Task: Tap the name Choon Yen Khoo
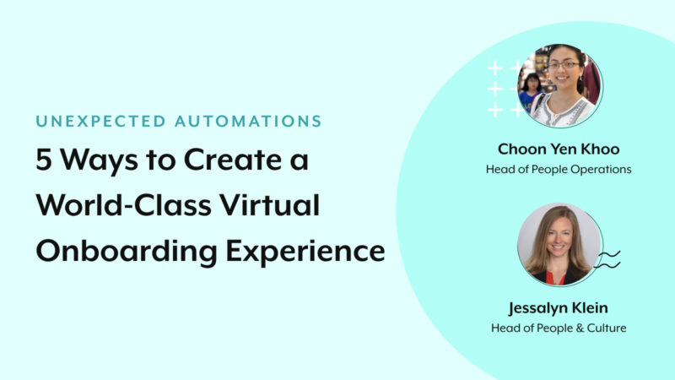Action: coord(559,149)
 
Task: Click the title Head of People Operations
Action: coord(559,169)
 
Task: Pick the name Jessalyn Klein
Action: coord(559,308)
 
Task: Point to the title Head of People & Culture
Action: coord(559,328)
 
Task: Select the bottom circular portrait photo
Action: coord(559,244)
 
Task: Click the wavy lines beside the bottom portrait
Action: coord(608,259)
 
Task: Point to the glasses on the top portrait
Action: coord(564,65)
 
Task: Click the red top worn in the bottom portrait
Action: coord(559,276)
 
